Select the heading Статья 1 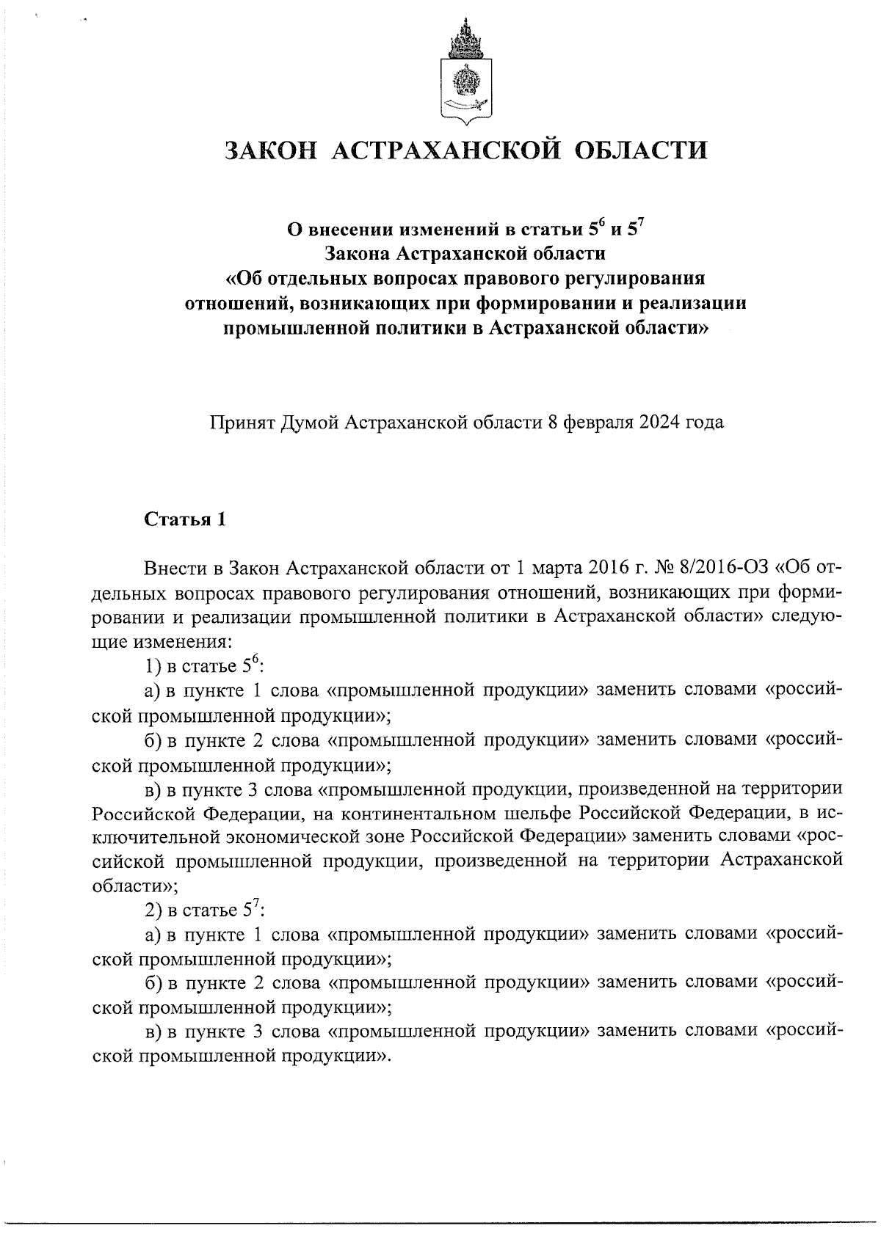(x=185, y=520)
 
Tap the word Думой (x=309, y=423)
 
